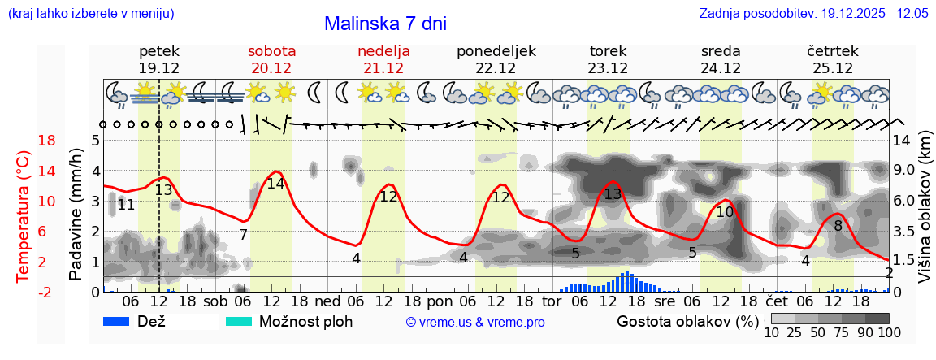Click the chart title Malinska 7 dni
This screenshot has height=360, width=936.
pyautogui.click(x=385, y=24)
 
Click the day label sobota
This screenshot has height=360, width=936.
pyautogui.click(x=271, y=51)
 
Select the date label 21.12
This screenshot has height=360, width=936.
pyautogui.click(x=383, y=68)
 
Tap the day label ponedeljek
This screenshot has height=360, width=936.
pyautogui.click(x=496, y=51)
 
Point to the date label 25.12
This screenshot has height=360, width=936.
pyautogui.click(x=833, y=68)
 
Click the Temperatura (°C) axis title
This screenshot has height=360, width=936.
pyautogui.click(x=24, y=215)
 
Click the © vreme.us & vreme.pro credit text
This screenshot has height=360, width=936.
pyautogui.click(x=475, y=322)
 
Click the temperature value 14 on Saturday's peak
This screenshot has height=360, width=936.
pyautogui.click(x=276, y=184)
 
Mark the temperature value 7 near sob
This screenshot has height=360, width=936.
pyautogui.click(x=243, y=235)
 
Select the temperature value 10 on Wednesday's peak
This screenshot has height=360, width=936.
pyautogui.click(x=725, y=212)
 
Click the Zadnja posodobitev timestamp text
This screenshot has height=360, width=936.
pyautogui.click(x=813, y=14)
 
